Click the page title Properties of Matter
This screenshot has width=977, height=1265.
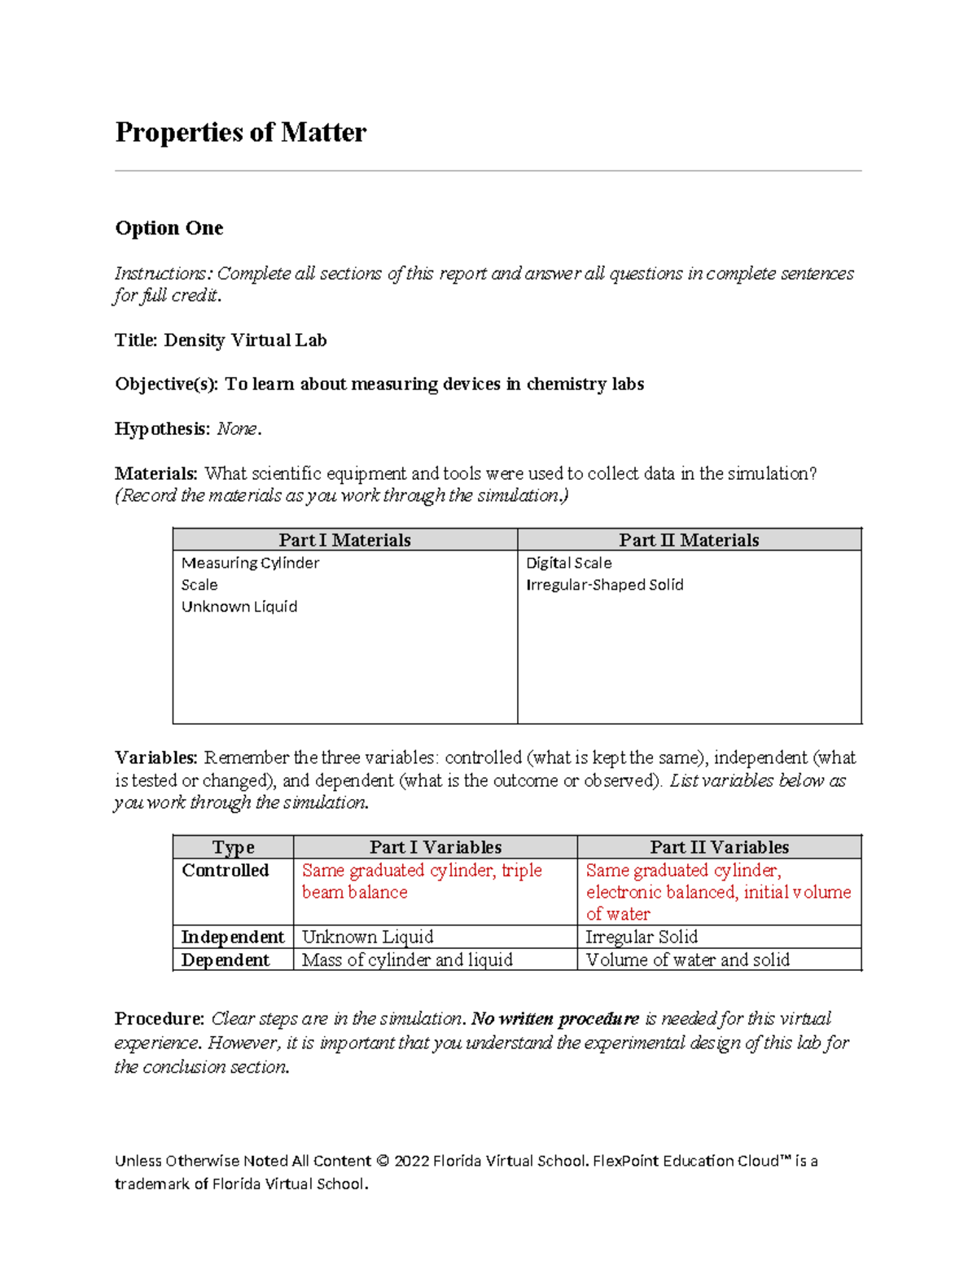coord(240,132)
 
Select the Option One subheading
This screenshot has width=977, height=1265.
coord(169,228)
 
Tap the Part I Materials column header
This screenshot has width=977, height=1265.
coord(344,540)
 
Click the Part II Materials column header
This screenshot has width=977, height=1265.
coord(689,540)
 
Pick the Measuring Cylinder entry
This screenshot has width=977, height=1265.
coord(250,563)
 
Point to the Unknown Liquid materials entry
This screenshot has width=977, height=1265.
coord(239,607)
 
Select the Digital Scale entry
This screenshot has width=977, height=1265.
coord(568,563)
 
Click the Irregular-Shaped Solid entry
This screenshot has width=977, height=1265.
coord(604,585)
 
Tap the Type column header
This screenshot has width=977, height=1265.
coord(233,847)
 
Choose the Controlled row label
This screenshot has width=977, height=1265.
coord(225,870)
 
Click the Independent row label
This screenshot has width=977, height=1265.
coord(232,937)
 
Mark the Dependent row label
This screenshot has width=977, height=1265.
coord(225,960)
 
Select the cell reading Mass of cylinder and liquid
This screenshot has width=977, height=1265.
coord(407,960)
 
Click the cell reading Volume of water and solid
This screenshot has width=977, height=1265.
coord(687,960)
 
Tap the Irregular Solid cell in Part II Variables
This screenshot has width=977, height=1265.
coord(642,937)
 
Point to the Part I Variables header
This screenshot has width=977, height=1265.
coord(435,847)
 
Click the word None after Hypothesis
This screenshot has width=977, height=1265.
coord(237,428)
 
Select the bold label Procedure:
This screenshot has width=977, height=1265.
coord(160,1018)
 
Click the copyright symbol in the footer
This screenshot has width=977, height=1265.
coord(383,1161)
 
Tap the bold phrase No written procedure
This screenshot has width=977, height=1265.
coord(555,1018)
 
